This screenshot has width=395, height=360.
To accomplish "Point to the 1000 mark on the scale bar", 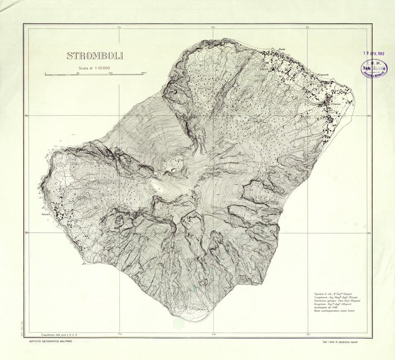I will point(111,73).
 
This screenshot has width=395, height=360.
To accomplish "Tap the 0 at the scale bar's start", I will point(45,73).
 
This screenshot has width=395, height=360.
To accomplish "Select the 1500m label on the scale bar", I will point(144,73).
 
